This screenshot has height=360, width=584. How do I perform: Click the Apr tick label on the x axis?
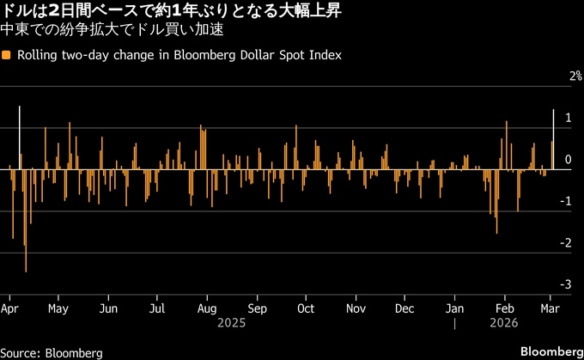11,307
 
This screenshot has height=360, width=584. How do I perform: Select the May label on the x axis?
58,307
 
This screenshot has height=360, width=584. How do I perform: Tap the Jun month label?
108,307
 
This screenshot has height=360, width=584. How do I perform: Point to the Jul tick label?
157,307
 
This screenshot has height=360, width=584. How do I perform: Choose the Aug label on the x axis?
207,307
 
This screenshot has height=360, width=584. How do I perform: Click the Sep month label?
257,307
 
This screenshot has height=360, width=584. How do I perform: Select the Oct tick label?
305,307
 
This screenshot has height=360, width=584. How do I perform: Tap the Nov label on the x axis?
355,307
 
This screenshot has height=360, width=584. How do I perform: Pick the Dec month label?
404,307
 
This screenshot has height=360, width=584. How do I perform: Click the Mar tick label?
552,307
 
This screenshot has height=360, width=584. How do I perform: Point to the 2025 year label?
231,324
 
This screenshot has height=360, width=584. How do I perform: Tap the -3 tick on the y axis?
565,284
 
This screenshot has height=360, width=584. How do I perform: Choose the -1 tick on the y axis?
565,201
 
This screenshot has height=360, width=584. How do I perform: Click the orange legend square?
7,56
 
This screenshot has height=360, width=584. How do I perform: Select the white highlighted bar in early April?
19,137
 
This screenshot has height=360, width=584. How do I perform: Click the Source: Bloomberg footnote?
52,352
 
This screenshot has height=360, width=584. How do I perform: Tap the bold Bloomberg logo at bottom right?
550,351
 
